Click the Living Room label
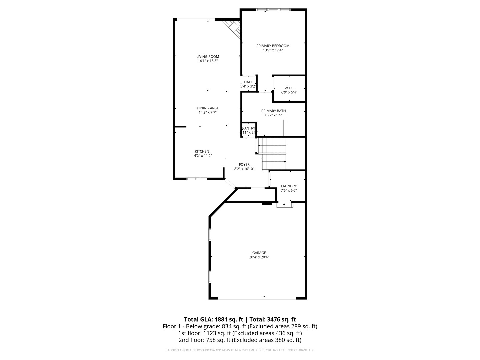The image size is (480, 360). coord(207,57)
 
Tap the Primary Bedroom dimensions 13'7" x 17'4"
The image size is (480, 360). coord(273,50)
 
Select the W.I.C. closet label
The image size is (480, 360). coord(289,88)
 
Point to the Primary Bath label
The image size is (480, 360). coord(273,111)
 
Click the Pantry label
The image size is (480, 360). coord(249,128)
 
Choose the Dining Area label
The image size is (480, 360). coord(207,108)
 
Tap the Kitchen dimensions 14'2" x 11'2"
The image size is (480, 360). coord(202,156)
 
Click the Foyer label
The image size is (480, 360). coord(244,164)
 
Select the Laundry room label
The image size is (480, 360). coord(289,186)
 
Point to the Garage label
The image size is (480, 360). coord(259,253)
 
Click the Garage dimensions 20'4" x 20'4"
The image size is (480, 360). coord(259,257)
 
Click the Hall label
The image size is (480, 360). coord(248,82)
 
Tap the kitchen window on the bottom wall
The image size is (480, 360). coord(197,179)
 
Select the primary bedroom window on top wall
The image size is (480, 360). coord(273,10)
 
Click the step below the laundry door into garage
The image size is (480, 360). coord(285,205)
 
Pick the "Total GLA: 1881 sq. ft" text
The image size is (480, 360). coord(214,319)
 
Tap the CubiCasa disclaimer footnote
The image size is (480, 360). coord(240,350)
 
